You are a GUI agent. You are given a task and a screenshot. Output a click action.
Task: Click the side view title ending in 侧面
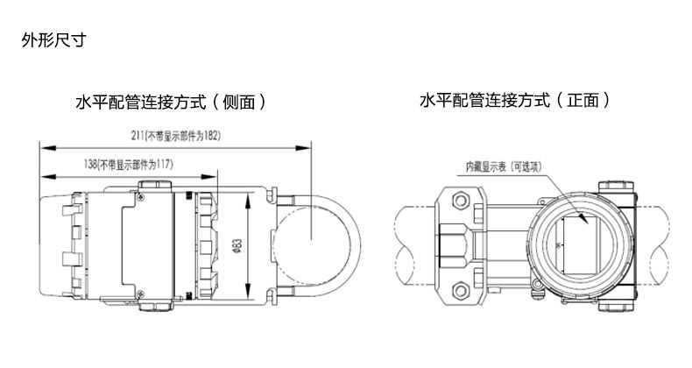point(171,103)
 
